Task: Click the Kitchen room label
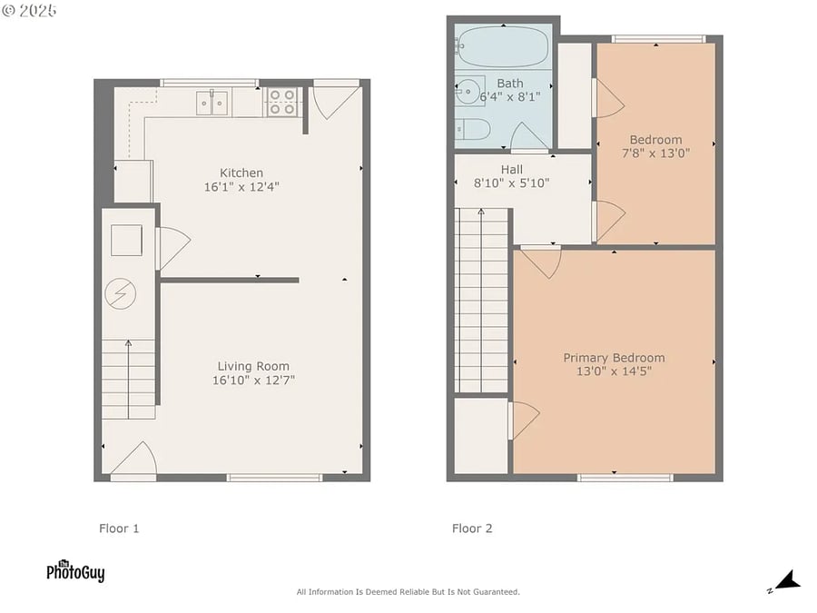[241, 173]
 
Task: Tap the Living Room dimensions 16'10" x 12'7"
[253, 380]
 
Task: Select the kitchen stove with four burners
[282, 102]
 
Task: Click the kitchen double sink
[212, 102]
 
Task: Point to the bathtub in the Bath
[503, 46]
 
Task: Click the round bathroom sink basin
[468, 92]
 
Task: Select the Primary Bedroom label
[614, 358]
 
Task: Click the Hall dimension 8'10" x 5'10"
[512, 183]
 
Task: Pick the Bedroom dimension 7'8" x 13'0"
[656, 153]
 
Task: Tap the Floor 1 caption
[119, 529]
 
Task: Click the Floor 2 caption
[472, 529]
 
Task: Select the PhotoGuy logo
[75, 571]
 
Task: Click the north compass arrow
[788, 580]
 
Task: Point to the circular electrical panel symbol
[121, 293]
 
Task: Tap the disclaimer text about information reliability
[408, 591]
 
